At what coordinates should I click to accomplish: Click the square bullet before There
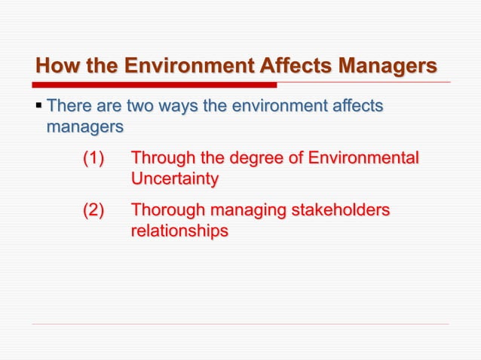click(x=38, y=106)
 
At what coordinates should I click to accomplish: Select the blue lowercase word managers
click(x=84, y=127)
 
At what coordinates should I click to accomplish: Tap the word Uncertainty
click(x=175, y=179)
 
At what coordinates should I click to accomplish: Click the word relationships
click(x=179, y=231)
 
